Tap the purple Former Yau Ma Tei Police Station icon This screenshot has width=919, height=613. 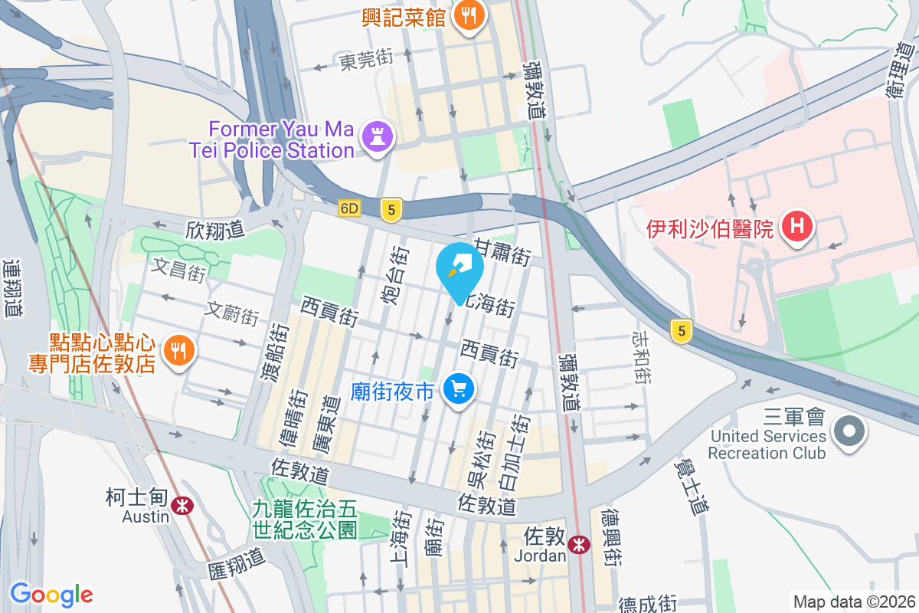(x=377, y=137)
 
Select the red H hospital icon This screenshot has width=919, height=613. (x=796, y=228)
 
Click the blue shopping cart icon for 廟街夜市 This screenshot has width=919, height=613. (x=459, y=391)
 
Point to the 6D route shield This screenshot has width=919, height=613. (x=350, y=208)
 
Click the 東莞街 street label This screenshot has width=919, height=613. (x=366, y=60)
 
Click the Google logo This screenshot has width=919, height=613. (x=51, y=595)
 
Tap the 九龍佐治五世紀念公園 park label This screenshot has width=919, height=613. (x=306, y=518)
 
